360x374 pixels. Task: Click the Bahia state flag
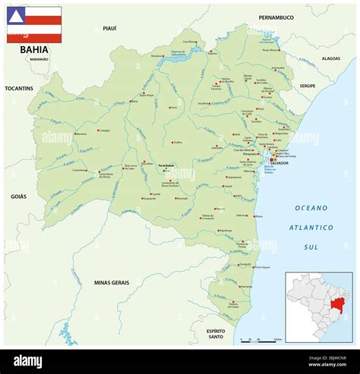pos(34,24)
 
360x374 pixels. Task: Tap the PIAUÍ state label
pos(109,28)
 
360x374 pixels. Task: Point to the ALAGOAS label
pos(330,58)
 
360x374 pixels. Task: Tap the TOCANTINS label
pos(19,88)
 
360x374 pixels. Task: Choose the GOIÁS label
pos(18,196)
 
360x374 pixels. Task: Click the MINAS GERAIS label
pos(112,282)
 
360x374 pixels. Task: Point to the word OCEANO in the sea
pos(311,207)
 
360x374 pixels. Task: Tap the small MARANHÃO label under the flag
pos(35,59)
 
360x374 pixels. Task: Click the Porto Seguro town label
pos(262,267)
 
